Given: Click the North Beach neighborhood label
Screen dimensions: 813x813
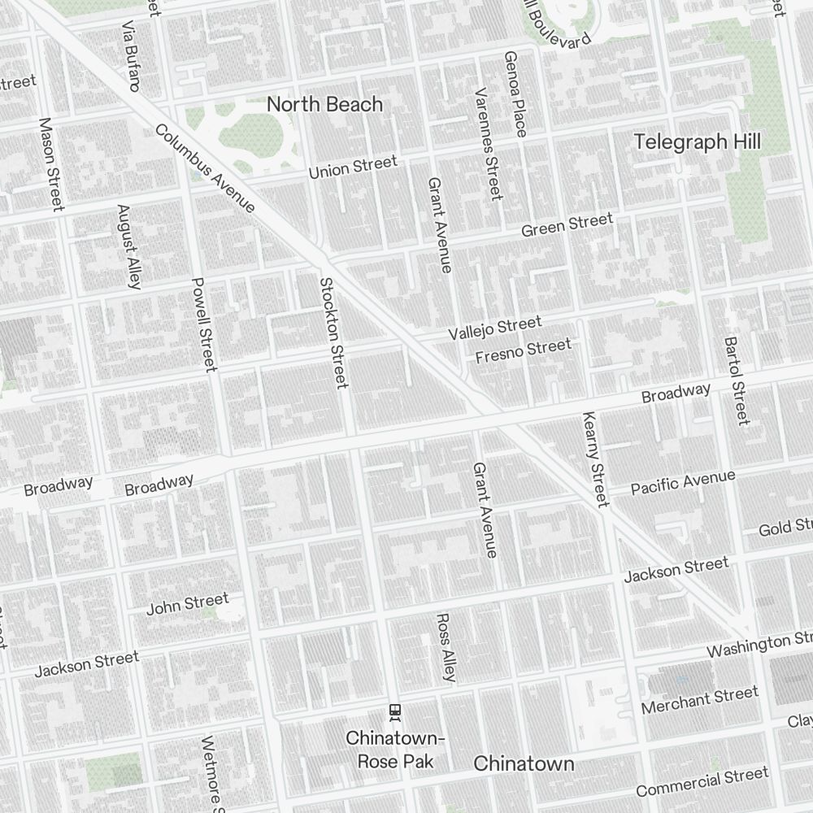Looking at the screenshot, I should (x=324, y=104).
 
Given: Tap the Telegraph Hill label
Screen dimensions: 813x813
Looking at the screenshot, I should (x=697, y=141).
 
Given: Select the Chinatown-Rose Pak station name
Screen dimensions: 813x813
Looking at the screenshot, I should (x=395, y=750).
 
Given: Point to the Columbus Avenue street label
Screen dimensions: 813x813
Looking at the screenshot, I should (x=204, y=168).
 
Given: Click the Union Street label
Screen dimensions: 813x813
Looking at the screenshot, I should (x=353, y=167).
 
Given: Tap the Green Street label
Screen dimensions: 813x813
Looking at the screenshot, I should (x=567, y=224).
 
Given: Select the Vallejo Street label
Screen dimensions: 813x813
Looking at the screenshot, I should (x=494, y=328).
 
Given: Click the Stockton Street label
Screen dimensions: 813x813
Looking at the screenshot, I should (x=333, y=333).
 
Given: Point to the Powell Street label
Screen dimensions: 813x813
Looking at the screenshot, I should (x=204, y=324).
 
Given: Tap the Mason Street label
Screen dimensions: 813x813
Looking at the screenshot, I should (x=50, y=164).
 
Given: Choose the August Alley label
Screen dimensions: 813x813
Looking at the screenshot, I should (x=129, y=246).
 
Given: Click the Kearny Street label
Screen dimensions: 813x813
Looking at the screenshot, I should (x=595, y=459).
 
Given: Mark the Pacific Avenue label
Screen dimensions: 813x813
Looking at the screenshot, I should (x=683, y=482).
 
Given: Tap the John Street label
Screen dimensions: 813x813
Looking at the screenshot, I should (x=187, y=604).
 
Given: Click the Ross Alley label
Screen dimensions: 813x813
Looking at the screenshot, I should (x=446, y=646).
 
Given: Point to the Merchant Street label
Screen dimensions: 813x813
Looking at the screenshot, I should (x=699, y=700).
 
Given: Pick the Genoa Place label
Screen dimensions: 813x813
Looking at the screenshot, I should (x=515, y=93).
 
